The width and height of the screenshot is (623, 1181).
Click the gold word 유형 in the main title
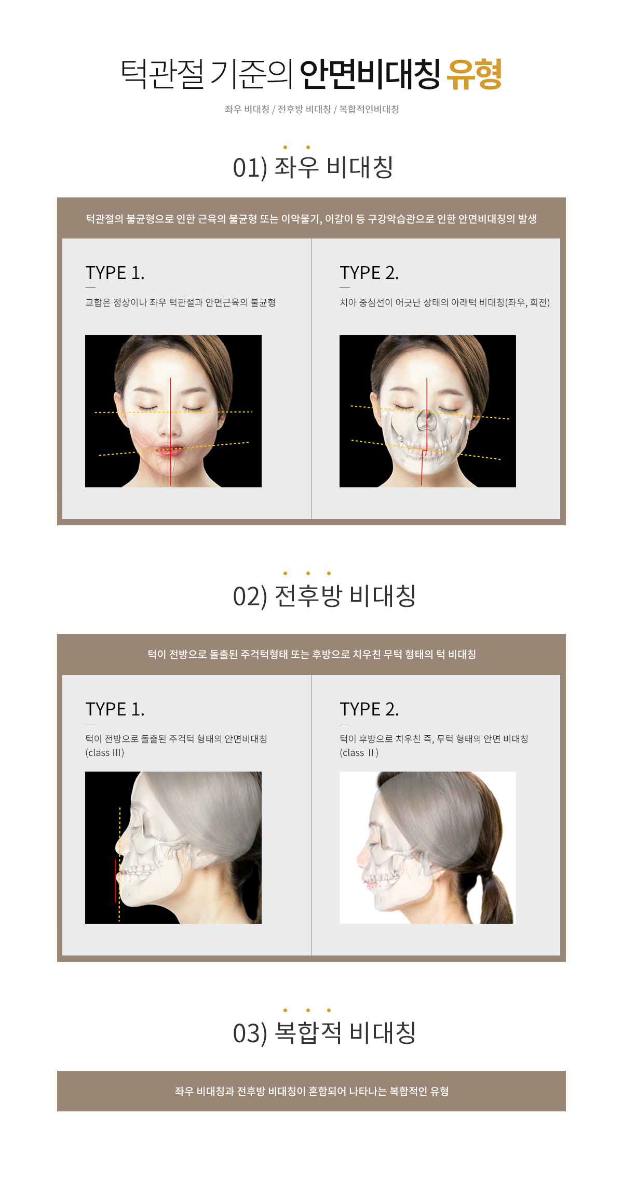pyautogui.click(x=475, y=74)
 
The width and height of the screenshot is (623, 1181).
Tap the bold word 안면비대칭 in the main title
pyautogui.click(x=370, y=74)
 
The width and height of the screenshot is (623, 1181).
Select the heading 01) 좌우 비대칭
pyautogui.click(x=313, y=167)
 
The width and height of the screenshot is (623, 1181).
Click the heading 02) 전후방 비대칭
pyautogui.click(x=324, y=596)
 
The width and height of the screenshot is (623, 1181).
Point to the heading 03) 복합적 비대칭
pyautogui.click(x=324, y=1033)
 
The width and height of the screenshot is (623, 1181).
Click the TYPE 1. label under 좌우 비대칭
pyautogui.click(x=115, y=273)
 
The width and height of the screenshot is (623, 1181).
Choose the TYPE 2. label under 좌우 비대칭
pyautogui.click(x=369, y=273)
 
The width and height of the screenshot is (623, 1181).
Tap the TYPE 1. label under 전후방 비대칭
pyautogui.click(x=115, y=709)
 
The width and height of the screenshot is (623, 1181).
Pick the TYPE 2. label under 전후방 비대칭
pyautogui.click(x=369, y=709)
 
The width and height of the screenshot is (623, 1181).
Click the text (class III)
pyautogui.click(x=105, y=753)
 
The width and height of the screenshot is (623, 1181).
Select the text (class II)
pyautogui.click(x=359, y=753)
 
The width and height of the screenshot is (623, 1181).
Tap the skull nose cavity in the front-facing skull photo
pyautogui.click(x=426, y=420)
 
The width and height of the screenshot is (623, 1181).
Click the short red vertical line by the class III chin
pyautogui.click(x=115, y=881)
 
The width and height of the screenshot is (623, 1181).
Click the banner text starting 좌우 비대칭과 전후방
pyautogui.click(x=311, y=1091)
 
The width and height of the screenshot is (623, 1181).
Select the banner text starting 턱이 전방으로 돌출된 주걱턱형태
pyautogui.click(x=311, y=654)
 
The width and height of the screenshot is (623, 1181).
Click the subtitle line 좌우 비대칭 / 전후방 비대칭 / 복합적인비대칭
pyautogui.click(x=311, y=109)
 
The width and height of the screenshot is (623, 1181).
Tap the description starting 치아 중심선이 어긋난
pyautogui.click(x=444, y=302)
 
